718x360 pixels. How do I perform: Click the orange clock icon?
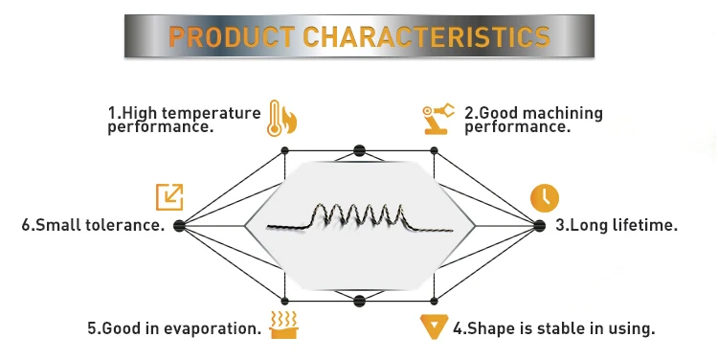544,196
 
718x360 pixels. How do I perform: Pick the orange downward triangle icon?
435,326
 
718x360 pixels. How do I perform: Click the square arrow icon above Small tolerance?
169,196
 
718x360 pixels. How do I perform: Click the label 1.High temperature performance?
183,120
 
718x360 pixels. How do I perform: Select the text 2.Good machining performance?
533,120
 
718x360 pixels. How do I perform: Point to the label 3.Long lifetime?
617,226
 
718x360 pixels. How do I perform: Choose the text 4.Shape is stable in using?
553,328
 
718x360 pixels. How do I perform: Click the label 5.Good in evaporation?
174,328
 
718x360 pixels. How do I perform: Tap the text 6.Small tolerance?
93,226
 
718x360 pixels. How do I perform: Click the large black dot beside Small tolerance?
179,226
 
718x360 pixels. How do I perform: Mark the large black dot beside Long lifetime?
538,226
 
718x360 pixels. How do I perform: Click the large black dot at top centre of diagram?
359,150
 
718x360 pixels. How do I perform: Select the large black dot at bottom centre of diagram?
359,301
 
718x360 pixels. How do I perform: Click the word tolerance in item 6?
124,226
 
